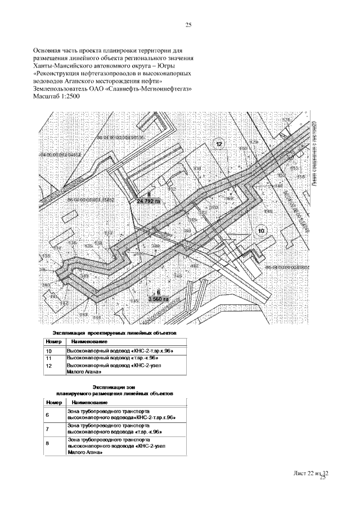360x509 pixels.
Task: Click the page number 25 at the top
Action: [188, 25]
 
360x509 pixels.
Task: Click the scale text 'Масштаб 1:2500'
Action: [57, 97]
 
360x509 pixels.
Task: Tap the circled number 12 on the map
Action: [219, 145]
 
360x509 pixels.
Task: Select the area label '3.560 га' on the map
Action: [158, 299]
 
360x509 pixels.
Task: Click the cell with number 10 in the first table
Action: [48, 351]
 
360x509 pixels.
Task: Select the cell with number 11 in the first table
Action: [48, 358]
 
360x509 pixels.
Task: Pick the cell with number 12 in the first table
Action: [48, 366]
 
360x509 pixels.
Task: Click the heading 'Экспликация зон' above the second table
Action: [115, 387]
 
